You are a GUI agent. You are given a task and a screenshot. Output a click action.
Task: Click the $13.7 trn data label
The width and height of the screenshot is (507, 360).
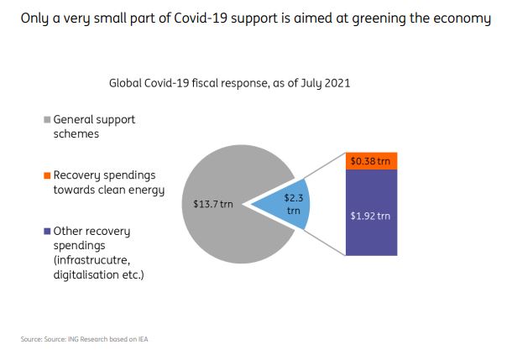[x=214, y=204]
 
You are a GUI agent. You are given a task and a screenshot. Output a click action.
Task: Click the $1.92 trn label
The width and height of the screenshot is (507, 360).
[x=370, y=216]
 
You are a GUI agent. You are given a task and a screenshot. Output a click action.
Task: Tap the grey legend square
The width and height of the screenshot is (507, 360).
[x=47, y=120]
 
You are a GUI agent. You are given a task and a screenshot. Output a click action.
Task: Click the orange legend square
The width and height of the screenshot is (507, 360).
[x=47, y=175]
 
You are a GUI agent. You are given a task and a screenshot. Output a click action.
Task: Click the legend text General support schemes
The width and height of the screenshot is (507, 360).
[x=94, y=127]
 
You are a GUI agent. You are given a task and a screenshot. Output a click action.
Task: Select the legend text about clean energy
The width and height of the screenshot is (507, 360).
[x=108, y=182]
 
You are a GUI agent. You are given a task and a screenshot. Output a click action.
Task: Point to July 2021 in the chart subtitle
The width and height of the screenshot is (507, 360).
[x=321, y=83]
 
